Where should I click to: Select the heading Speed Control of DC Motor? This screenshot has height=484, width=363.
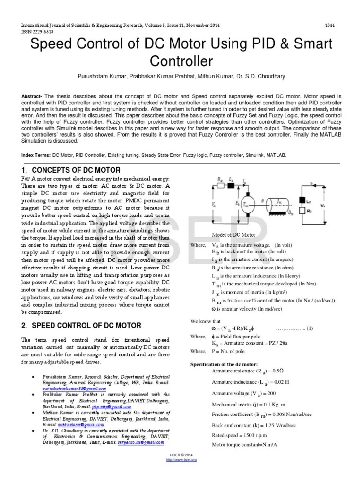(81, 325)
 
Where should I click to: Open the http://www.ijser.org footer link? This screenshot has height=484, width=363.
(181, 459)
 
